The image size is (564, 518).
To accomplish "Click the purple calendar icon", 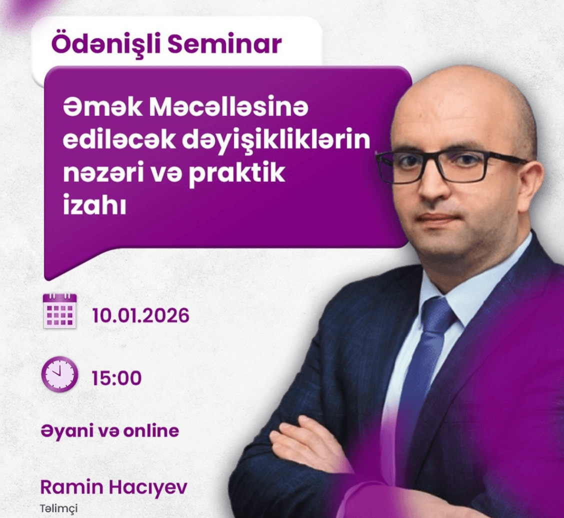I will [x=59, y=310].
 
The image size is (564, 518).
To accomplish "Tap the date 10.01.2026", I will [x=140, y=316].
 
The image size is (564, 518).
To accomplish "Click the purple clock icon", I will [x=59, y=373].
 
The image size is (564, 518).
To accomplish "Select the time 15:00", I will [x=116, y=378].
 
